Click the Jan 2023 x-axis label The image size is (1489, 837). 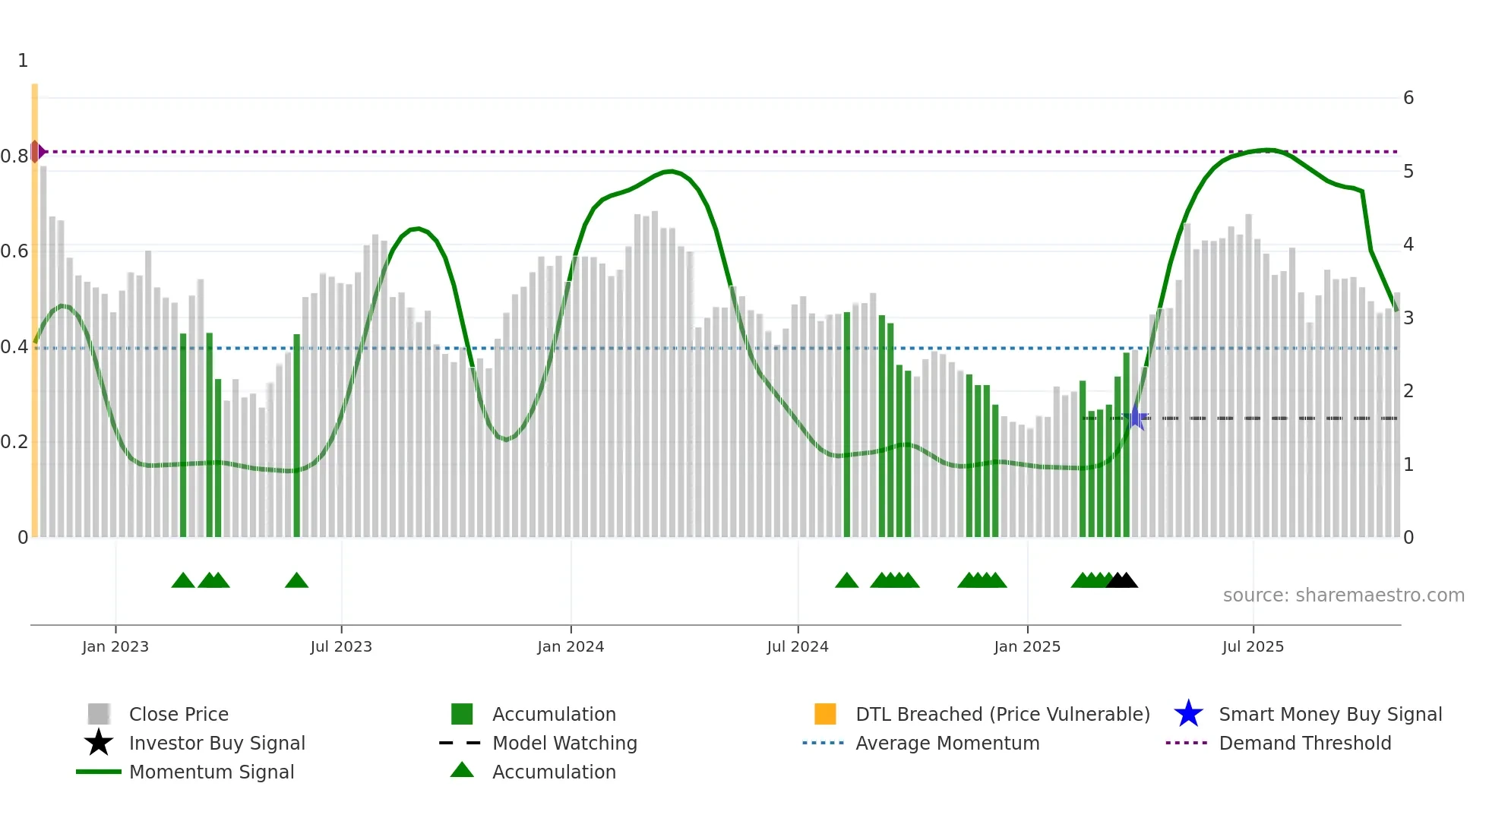[x=115, y=646]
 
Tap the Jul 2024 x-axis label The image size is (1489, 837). [x=797, y=646]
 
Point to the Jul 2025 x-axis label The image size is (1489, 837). [x=1252, y=646]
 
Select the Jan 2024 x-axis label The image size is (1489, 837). [x=571, y=646]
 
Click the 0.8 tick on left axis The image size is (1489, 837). [x=14, y=156]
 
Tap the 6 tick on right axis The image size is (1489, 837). [x=1408, y=98]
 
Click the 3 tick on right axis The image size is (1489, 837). [x=1408, y=317]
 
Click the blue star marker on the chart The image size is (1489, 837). [x=1136, y=418]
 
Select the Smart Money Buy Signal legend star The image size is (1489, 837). [x=1188, y=714]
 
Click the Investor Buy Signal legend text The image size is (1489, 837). [x=217, y=743]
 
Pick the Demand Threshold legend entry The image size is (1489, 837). [x=1304, y=743]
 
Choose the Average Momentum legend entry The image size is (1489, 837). [x=947, y=743]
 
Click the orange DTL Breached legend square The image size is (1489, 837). [x=825, y=714]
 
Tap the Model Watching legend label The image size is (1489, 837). [x=564, y=743]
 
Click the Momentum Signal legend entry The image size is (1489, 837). [x=211, y=772]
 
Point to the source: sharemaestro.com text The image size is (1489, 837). [x=1343, y=595]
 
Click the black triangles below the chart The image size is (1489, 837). [x=1122, y=581]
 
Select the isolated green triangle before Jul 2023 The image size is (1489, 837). [x=296, y=581]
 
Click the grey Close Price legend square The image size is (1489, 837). [x=99, y=714]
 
